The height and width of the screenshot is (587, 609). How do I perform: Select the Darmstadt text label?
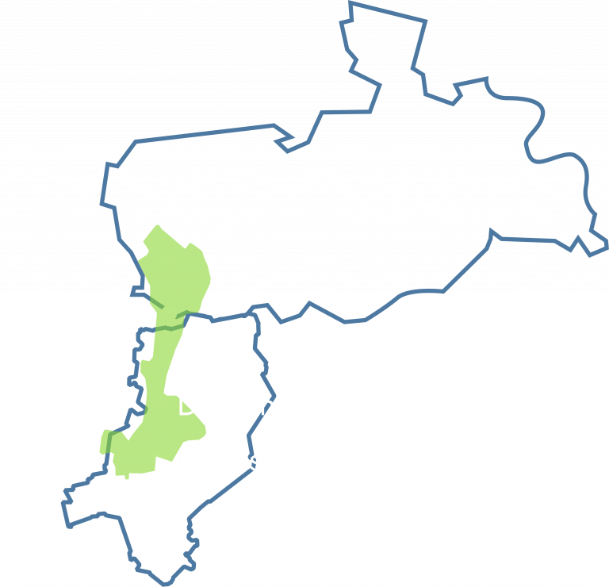click(x=243, y=460)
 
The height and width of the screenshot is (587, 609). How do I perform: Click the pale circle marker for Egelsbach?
click(x=169, y=313)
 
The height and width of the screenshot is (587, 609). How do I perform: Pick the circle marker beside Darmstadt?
click(x=158, y=457)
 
